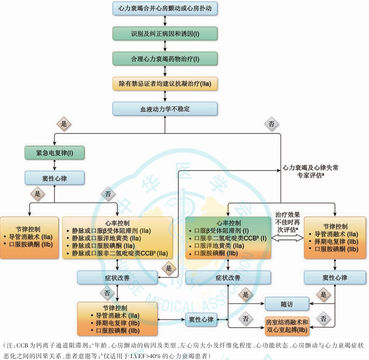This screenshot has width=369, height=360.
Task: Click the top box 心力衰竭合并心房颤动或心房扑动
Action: pyautogui.click(x=165, y=8)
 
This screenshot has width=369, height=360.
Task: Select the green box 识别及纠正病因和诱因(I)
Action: pyautogui.click(x=165, y=33)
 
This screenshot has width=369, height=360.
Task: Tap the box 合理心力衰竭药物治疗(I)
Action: pyautogui.click(x=165, y=58)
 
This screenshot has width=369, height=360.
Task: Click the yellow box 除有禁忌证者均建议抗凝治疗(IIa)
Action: pyautogui.click(x=165, y=83)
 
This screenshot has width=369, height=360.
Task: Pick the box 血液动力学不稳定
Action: pyautogui.click(x=165, y=109)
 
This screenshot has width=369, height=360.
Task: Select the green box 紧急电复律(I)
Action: pyautogui.click(x=54, y=153)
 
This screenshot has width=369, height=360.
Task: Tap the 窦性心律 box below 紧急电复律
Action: pyautogui.click(x=54, y=178)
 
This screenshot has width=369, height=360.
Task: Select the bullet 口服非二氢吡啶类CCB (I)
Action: pyautogui.click(x=228, y=238)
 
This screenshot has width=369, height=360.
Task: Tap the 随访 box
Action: pyautogui.click(x=286, y=304)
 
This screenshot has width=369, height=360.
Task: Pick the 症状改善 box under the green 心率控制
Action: pyautogui.click(x=228, y=278)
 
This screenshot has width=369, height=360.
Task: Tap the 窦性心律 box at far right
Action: pyautogui.click(x=334, y=278)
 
